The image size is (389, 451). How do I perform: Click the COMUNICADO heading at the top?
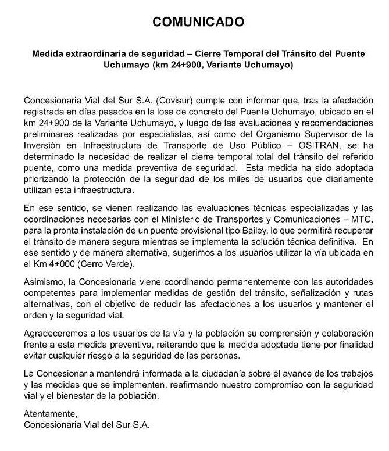195,23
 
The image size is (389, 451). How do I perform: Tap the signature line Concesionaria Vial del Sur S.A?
86,425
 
